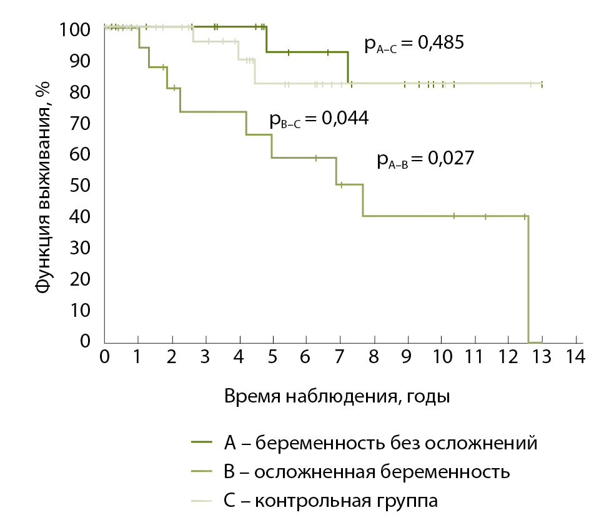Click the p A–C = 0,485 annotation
[x=413, y=46]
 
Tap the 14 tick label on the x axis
[x=575, y=357]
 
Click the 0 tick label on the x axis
[x=104, y=357]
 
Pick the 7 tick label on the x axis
[x=340, y=357]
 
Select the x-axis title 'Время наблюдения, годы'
[x=337, y=396]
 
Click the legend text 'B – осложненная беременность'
[x=366, y=472]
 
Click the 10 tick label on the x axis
[x=441, y=357]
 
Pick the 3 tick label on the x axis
[x=205, y=357]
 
